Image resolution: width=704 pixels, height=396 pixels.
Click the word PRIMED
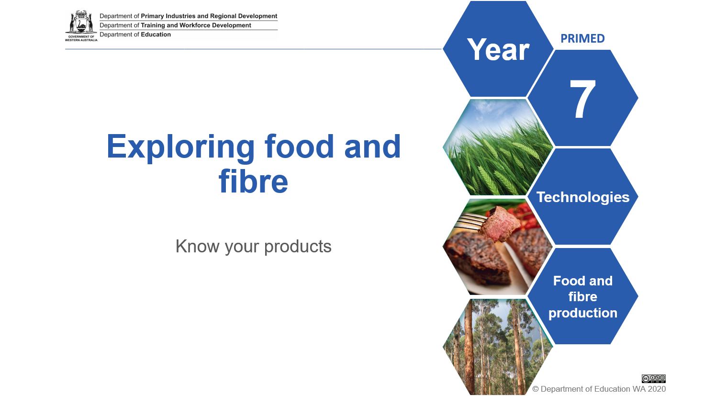[x=582, y=39]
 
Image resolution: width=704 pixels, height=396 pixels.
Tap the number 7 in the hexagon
[x=582, y=99]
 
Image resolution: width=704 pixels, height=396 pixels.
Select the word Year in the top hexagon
[x=498, y=49]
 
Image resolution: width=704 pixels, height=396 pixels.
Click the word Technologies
[x=583, y=197]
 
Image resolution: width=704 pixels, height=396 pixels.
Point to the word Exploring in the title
[x=180, y=147]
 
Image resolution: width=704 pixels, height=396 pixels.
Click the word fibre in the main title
[x=253, y=181]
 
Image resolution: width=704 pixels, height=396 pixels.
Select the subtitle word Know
[x=197, y=246]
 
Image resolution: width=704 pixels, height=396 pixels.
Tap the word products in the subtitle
[x=298, y=246]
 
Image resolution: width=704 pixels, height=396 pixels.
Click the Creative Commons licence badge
[x=653, y=378]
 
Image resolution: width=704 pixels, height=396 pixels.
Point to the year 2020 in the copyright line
[x=657, y=389]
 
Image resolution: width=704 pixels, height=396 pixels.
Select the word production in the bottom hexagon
[x=583, y=313]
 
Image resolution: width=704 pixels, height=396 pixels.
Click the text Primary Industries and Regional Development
[x=209, y=16]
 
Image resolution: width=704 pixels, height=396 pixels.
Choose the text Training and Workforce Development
[x=196, y=25]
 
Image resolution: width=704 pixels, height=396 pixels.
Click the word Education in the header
[x=156, y=34]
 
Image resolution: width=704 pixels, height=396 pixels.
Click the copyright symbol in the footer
[x=536, y=389]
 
